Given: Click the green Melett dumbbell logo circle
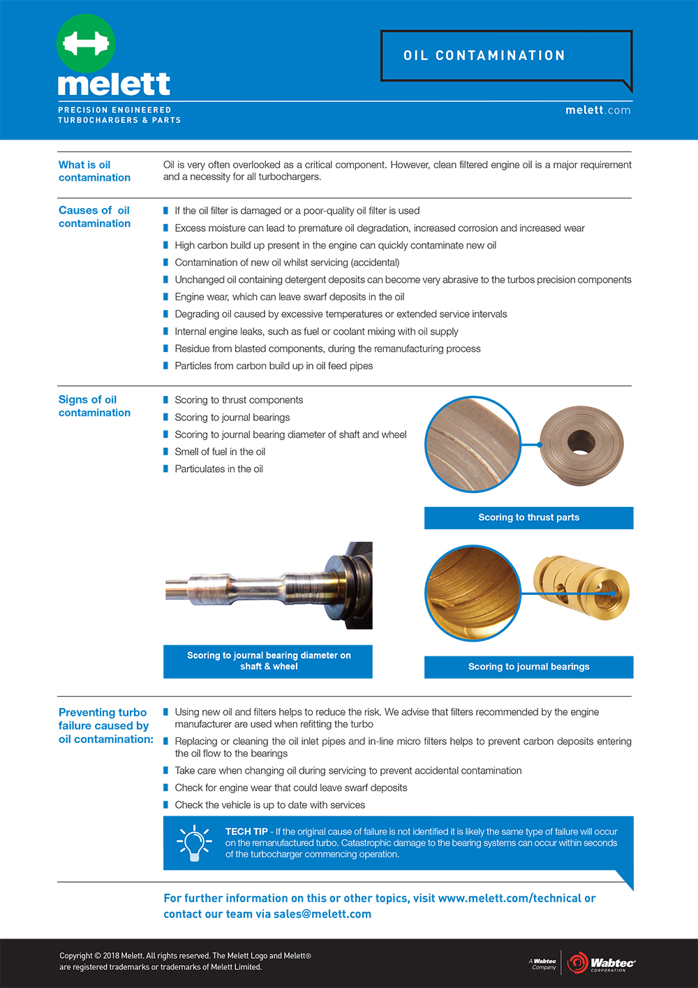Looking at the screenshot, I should [x=86, y=43].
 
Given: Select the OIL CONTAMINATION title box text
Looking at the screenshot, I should [x=484, y=56].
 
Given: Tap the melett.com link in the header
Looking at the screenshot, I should [x=597, y=110].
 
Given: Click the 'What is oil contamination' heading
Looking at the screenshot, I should [x=94, y=171].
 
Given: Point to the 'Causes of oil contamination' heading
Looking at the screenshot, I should [x=94, y=216].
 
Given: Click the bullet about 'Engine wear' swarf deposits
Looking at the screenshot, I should [x=289, y=297].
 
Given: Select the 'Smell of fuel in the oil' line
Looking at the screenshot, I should [x=220, y=452].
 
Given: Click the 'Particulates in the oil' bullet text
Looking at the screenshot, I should [x=218, y=469].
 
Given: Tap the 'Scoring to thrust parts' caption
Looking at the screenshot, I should [x=528, y=517].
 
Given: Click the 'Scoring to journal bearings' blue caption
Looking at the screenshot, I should [x=528, y=667].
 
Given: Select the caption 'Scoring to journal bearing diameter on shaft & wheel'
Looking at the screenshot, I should [x=269, y=661].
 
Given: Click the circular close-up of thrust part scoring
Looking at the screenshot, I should [x=473, y=444].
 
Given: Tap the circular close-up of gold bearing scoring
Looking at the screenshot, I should [x=473, y=593].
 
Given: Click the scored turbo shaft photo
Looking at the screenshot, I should [x=268, y=585].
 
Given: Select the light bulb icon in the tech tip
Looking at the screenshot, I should [x=195, y=843].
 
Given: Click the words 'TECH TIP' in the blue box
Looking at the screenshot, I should [x=246, y=832].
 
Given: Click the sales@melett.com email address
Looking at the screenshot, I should [x=322, y=914].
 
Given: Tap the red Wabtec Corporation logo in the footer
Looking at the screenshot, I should [x=601, y=964].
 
